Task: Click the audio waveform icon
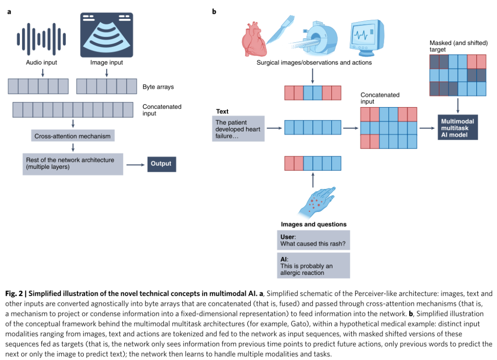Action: point(41,39)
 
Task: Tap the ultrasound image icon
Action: point(106,35)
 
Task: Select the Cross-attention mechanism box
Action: point(73,136)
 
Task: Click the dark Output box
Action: point(162,164)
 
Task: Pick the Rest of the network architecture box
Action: point(73,164)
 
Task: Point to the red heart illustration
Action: point(254,39)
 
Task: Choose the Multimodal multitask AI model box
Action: point(458,127)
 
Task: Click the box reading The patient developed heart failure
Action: point(238,129)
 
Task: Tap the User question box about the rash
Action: point(313,240)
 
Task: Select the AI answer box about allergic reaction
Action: point(313,265)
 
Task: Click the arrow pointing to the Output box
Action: point(136,165)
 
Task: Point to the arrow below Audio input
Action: point(43,73)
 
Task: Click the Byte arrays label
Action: point(158,87)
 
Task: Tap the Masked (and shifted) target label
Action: point(459,46)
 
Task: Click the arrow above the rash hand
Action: point(313,180)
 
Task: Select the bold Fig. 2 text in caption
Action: point(14,293)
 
